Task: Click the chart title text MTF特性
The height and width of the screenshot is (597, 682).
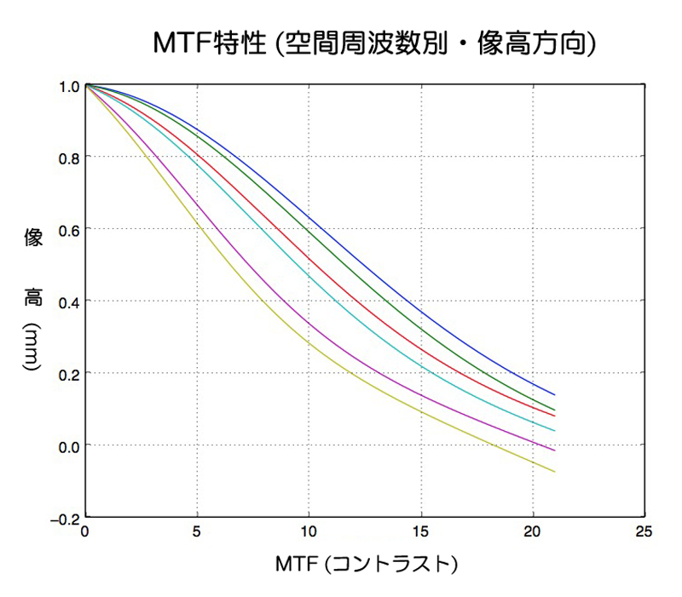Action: pyautogui.click(x=208, y=42)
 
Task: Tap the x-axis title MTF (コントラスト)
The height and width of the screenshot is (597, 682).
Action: pyautogui.click(x=367, y=564)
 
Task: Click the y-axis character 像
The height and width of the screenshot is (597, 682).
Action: pyautogui.click(x=32, y=238)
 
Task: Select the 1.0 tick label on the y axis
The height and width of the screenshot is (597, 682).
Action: pyautogui.click(x=68, y=86)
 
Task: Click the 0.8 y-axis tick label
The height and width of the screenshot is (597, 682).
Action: pyautogui.click(x=68, y=158)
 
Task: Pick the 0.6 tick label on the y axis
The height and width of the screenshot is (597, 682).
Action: pyautogui.click(x=68, y=229)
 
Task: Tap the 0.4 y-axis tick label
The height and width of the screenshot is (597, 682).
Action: pyautogui.click(x=68, y=301)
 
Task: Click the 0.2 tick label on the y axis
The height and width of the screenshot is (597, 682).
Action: pyautogui.click(x=68, y=373)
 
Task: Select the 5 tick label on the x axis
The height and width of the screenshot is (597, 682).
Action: pyautogui.click(x=197, y=531)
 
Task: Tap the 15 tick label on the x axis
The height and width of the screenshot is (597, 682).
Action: pyautogui.click(x=421, y=531)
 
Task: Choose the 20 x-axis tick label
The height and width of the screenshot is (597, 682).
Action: pyautogui.click(x=533, y=531)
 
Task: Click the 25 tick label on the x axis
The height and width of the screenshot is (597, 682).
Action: pyautogui.click(x=644, y=531)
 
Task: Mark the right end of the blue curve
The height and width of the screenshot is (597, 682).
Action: pyautogui.click(x=555, y=395)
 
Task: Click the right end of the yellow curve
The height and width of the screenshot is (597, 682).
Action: pyautogui.click(x=555, y=472)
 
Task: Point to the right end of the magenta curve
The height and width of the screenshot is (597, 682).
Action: pyautogui.click(x=555, y=451)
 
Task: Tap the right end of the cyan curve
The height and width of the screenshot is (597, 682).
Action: pyautogui.click(x=555, y=431)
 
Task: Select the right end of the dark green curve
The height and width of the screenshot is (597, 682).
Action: pyautogui.click(x=555, y=410)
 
